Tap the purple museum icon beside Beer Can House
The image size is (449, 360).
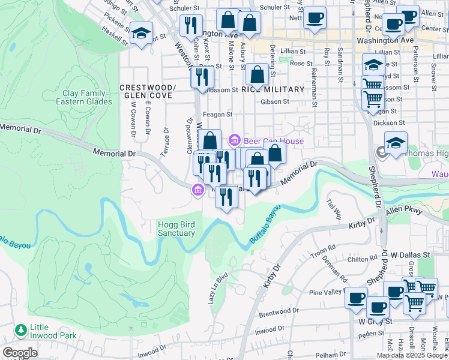click(235, 141)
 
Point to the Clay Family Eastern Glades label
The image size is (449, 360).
click(84, 97)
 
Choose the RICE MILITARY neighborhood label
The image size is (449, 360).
click(273, 89)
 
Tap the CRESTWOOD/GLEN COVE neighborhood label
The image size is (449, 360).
click(147, 91)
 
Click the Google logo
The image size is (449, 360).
click(19, 353)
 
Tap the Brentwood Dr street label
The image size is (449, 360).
click(279, 312)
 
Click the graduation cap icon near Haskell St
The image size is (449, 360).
click(142, 32)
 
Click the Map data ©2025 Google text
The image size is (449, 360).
click(412, 355)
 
